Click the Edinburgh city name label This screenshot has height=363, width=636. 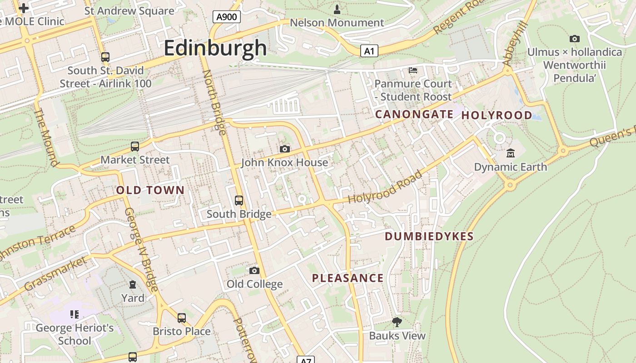pos(215,48)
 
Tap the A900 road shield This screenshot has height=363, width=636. pos(227,17)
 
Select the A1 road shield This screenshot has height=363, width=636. pos(369,51)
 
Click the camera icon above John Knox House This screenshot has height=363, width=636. pos(285,149)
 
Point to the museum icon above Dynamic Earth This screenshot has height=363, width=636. pos(510,153)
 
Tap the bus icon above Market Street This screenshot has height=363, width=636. pos(135,146)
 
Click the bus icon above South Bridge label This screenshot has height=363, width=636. pos(239,200)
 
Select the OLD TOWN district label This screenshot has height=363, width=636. pos(150,190)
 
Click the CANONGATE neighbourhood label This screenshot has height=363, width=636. pos(414,114)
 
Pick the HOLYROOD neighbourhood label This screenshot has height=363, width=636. pos(497,115)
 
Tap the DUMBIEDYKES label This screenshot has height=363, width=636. pos(429,236)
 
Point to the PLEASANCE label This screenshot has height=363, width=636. pos(348,278)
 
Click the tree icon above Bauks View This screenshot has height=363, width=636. pos(397,322)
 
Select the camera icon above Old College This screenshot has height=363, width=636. pos(254,270)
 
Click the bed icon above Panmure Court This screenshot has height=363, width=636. pos(413,70)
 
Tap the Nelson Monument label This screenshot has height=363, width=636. pos(337,22)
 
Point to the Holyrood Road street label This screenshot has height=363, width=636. pos(385,187)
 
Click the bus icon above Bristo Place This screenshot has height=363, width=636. pos(182,318)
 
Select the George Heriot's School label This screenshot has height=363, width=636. pos(75,334)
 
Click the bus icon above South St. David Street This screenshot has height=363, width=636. pos(105,57)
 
